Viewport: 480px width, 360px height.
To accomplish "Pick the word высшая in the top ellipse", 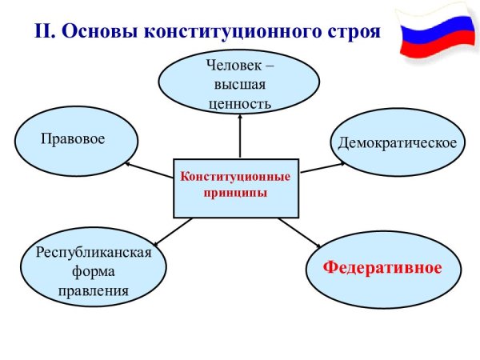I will [x=239, y=85].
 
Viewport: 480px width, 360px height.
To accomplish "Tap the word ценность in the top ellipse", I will [x=239, y=102].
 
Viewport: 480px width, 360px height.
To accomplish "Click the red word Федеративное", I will [x=382, y=266].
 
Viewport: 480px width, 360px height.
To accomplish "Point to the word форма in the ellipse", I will [x=94, y=272].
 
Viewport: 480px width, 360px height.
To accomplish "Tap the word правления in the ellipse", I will [x=94, y=290].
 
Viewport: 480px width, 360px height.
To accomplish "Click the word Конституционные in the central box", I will [x=235, y=176].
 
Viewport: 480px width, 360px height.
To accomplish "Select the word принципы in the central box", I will [x=235, y=193].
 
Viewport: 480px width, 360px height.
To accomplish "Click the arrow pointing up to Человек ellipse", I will [x=239, y=136].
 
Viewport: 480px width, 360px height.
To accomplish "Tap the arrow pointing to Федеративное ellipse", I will [x=300, y=233].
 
